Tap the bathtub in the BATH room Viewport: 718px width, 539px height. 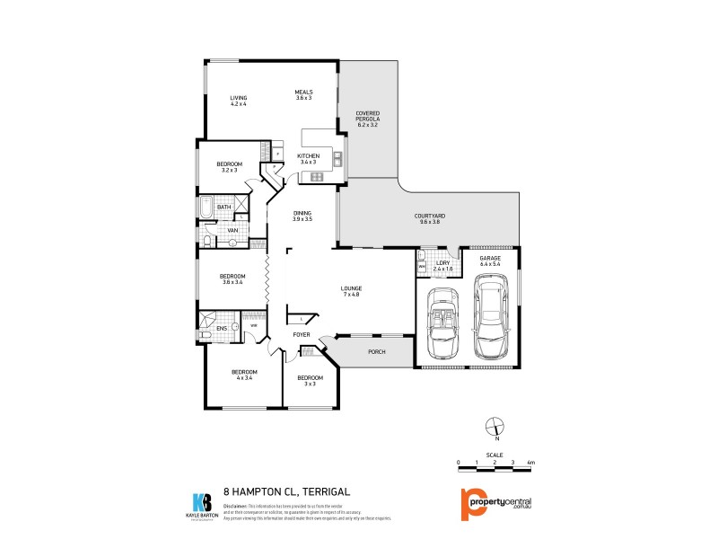(x=206, y=208)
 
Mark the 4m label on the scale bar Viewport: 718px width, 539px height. (x=531, y=462)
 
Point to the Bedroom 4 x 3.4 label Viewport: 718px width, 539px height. (x=244, y=375)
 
